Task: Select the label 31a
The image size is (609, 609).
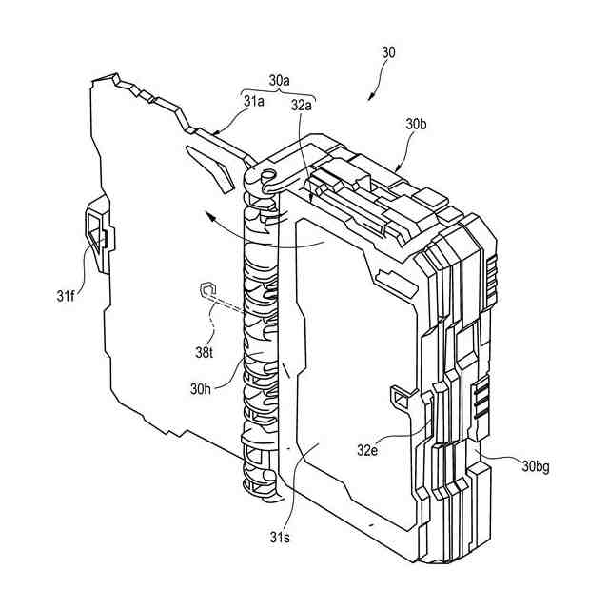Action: pos(254,101)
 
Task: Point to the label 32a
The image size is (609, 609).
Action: pos(303,106)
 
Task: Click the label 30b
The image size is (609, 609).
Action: pos(417,124)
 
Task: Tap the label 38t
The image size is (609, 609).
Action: pos(206,351)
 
